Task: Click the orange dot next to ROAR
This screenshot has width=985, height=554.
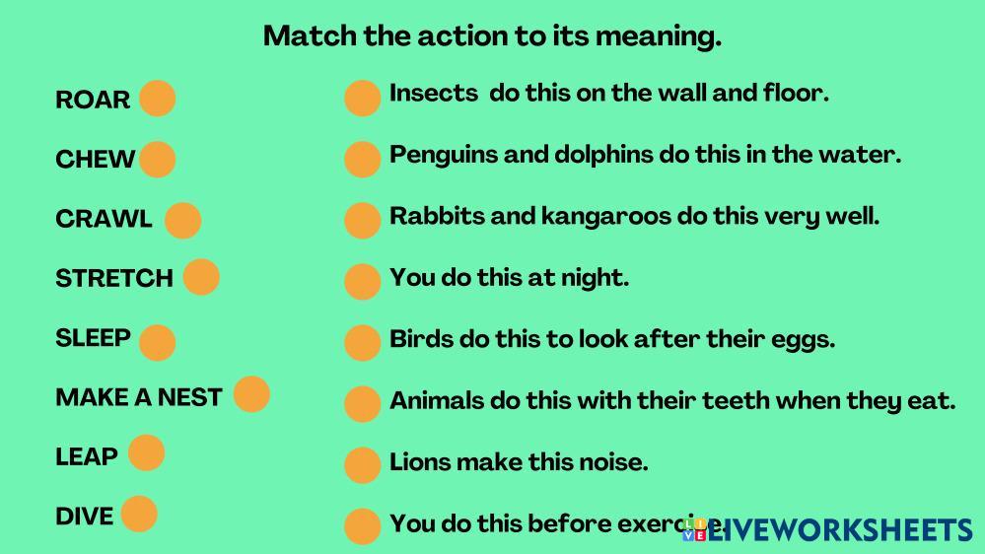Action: click(157, 98)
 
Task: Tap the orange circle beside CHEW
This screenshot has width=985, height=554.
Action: click(157, 159)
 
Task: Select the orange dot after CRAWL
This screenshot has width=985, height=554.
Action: click(182, 220)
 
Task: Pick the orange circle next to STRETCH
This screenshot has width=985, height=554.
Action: click(201, 276)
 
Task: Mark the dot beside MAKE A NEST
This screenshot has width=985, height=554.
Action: click(251, 394)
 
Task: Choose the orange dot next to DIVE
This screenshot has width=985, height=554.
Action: click(139, 514)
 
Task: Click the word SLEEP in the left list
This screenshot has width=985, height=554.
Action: click(93, 338)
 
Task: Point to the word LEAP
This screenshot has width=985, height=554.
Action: click(87, 456)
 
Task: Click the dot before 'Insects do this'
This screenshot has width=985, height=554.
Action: click(363, 98)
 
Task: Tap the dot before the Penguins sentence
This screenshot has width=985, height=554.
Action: click(363, 159)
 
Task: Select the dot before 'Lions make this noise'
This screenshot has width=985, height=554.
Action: click(363, 465)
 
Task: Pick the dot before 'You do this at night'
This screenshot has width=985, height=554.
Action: click(363, 281)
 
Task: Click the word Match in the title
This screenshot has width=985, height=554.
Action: click(310, 35)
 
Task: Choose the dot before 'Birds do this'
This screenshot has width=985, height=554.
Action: click(363, 342)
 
